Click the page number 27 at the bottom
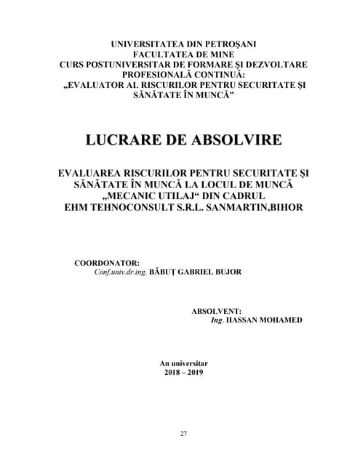pos(183,434)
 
